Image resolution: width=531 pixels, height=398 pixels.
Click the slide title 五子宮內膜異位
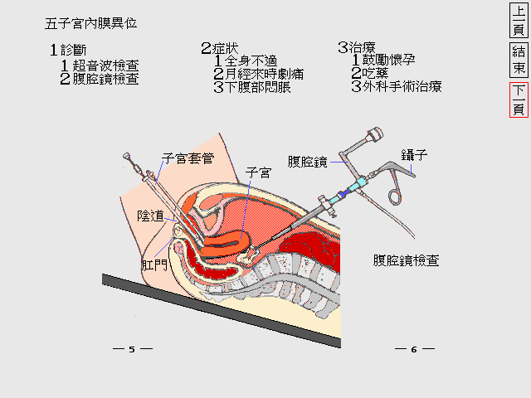tap(91, 23)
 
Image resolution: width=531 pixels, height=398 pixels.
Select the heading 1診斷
tap(69, 50)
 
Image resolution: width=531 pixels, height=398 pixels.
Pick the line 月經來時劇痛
tap(258, 74)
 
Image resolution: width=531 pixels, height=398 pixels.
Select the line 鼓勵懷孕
tap(387, 60)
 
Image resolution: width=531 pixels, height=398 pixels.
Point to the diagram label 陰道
tap(150, 216)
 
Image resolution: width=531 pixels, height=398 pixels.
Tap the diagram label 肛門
tap(154, 265)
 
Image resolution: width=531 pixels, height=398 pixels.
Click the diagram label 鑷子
tap(414, 155)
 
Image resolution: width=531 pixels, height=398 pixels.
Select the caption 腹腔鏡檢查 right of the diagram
tap(407, 260)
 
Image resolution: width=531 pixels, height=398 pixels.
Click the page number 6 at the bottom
tap(413, 349)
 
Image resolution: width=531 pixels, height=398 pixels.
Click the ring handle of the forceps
tap(395, 195)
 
